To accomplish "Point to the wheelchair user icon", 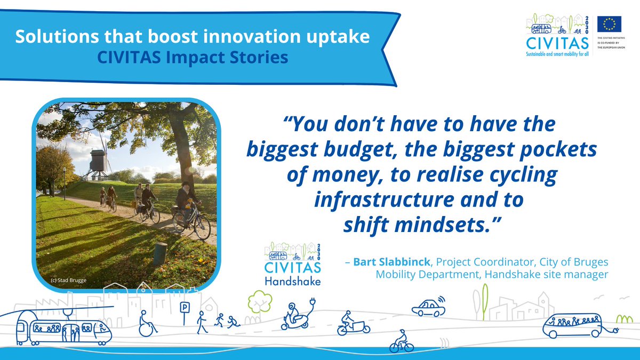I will coord(146,324).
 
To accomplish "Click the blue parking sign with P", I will coord(185,308).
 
